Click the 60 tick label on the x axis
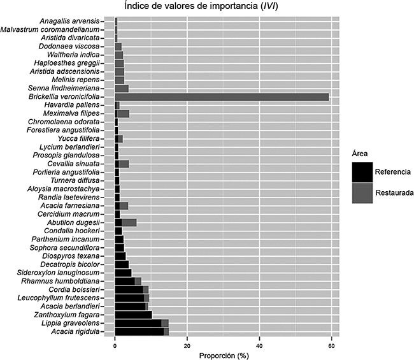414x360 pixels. (331, 346)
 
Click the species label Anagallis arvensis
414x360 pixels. (75, 22)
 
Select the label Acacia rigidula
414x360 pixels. (83, 331)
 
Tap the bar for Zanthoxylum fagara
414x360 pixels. (133, 315)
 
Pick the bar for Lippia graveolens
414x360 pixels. (141, 323)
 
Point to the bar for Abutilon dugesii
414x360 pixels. (125, 222)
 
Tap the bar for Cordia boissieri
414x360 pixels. (131, 289)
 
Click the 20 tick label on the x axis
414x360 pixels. (187, 346)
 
